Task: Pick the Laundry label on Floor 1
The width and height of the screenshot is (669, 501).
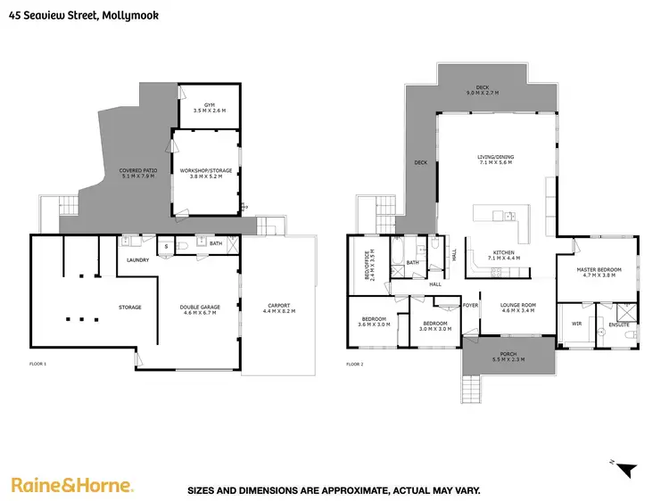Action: pyautogui.click(x=137, y=260)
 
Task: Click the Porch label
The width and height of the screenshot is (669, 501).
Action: pyautogui.click(x=509, y=357)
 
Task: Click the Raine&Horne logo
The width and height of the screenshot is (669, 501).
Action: pyautogui.click(x=72, y=485)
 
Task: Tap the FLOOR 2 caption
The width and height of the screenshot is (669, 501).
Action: pyautogui.click(x=357, y=365)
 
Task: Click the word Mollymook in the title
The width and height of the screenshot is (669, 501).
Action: pyautogui.click(x=131, y=13)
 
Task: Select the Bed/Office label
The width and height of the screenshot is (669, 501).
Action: pyautogui.click(x=363, y=264)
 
